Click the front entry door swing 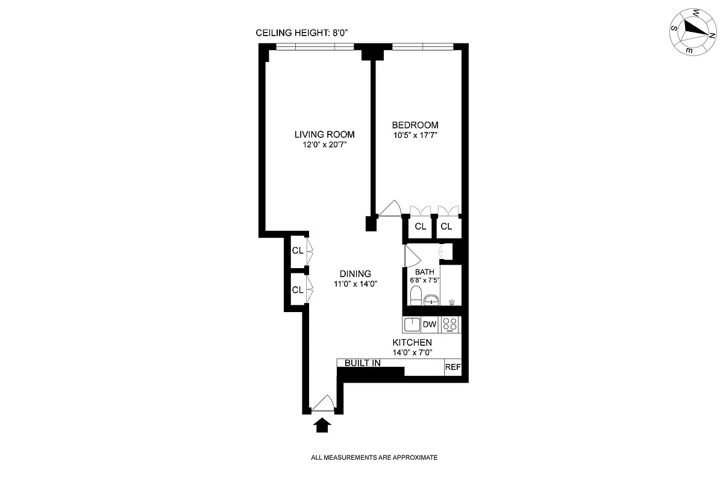point(322,404)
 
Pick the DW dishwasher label point(430,325)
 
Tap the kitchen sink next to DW point(412,325)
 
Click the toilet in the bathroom point(415,296)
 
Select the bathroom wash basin point(431,299)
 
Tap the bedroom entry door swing point(390,208)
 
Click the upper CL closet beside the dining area point(297,250)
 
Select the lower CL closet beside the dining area point(297,290)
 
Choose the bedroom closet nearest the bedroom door point(420,227)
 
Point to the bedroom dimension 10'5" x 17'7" point(415,136)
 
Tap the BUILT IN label point(362,363)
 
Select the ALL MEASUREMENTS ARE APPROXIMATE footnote point(374,457)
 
